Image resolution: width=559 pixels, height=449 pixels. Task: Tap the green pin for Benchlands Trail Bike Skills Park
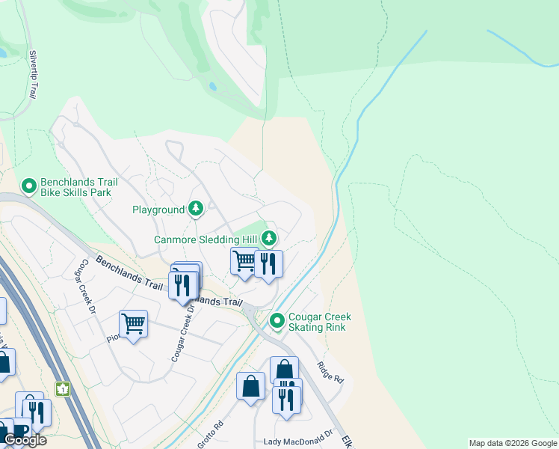point(29,185)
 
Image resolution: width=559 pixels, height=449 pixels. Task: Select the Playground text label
point(158,210)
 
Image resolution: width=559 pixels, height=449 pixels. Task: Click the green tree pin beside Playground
point(196,208)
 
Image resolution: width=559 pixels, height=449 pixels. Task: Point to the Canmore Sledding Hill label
point(206,239)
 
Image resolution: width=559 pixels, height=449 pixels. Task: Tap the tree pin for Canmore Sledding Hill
point(269,239)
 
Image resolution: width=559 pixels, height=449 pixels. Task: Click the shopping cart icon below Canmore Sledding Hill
point(244,261)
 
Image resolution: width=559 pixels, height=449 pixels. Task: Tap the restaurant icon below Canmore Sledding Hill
point(268,263)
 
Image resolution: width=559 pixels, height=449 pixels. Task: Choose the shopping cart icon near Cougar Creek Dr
point(133,324)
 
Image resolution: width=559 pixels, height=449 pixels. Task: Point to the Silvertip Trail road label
point(32,75)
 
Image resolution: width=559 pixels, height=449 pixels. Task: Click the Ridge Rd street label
point(330,372)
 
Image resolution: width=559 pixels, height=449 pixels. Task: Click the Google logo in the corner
point(25,440)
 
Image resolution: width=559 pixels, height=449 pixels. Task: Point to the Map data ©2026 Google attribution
point(513,443)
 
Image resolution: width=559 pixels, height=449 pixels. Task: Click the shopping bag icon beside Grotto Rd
point(251,386)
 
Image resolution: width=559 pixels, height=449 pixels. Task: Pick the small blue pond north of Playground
point(213,86)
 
